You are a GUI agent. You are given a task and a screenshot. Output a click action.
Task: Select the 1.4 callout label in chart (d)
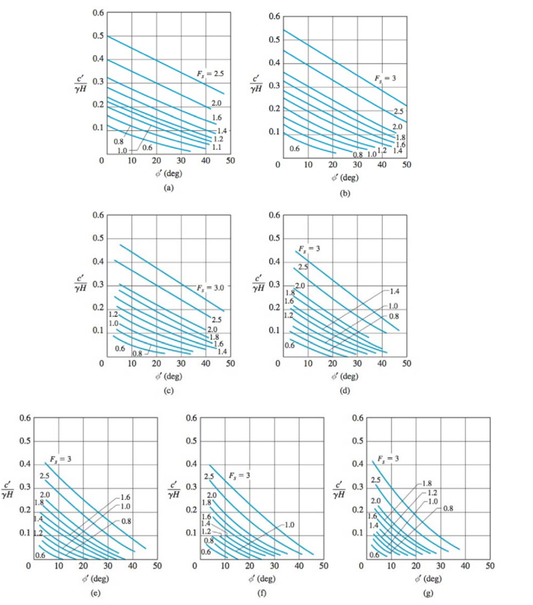(394, 291)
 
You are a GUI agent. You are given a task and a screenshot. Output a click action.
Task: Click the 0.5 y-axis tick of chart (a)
(96, 35)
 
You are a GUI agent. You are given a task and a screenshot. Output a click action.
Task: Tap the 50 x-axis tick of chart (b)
(407, 165)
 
